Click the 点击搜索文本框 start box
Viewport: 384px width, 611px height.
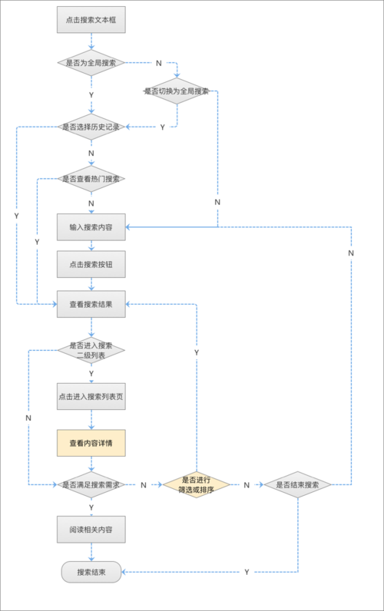click(91, 20)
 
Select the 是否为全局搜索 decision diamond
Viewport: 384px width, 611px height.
click(91, 62)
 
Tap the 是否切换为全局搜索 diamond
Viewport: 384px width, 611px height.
click(177, 91)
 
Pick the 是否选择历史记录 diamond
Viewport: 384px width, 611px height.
click(91, 127)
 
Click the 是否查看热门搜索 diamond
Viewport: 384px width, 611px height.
click(91, 179)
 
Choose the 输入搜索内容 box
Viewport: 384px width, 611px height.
click(91, 227)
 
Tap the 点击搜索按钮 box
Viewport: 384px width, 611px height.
click(91, 265)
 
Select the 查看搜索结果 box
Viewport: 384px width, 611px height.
click(91, 304)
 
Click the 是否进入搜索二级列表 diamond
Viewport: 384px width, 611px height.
click(91, 350)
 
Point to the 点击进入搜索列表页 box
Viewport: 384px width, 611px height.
click(91, 396)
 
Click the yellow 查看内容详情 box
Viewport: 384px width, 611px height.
click(91, 443)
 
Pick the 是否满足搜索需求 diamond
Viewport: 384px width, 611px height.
click(91, 485)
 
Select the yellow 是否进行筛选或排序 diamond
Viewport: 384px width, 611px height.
click(196, 485)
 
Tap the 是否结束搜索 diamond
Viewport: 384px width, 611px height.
click(297, 485)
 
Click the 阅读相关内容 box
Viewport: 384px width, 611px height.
click(91, 530)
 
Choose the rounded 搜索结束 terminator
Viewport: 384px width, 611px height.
click(91, 572)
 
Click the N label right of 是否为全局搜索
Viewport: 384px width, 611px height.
click(158, 62)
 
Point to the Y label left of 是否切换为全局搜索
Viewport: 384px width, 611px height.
click(162, 127)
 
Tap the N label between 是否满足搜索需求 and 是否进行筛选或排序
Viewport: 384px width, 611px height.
click(144, 485)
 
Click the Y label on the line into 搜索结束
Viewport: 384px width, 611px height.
click(247, 572)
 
